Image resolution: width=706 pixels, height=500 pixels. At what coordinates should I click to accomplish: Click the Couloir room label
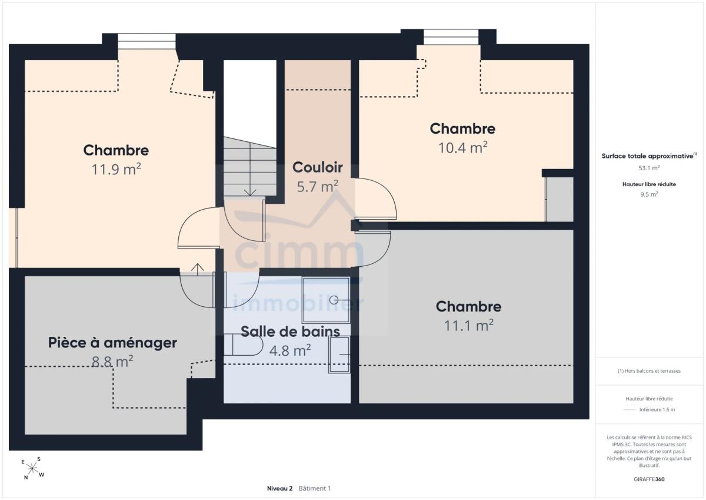[x=317, y=167]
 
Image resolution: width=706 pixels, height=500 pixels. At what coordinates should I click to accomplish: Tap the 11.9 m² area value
[x=116, y=170]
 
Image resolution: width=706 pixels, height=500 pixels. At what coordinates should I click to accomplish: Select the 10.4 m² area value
[x=462, y=148]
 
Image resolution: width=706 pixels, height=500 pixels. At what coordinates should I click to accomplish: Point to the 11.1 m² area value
[x=469, y=326]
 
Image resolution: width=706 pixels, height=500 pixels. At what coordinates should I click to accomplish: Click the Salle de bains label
[x=290, y=332]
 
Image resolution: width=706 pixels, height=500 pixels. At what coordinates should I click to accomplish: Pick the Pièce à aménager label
[x=112, y=343]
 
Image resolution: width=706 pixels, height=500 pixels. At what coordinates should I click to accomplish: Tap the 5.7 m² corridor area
[x=317, y=187]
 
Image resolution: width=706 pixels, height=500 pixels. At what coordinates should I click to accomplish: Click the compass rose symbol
[x=33, y=469]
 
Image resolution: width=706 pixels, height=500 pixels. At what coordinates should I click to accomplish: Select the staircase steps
[x=250, y=167]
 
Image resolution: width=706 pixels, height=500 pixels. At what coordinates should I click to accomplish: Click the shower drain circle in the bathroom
[x=334, y=300]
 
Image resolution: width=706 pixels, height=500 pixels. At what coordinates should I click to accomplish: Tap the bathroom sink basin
[x=339, y=355]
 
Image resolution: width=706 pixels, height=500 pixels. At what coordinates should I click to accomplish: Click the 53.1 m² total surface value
[x=649, y=168]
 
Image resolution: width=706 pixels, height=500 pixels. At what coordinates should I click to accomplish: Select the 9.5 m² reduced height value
[x=649, y=194]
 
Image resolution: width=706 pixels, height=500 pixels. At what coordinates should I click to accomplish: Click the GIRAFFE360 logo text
[x=649, y=479]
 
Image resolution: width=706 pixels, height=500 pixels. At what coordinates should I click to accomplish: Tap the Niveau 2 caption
[x=279, y=488]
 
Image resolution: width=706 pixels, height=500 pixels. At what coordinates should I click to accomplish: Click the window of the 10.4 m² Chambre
[x=451, y=37]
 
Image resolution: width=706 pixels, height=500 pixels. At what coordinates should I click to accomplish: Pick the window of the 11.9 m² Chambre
[x=146, y=41]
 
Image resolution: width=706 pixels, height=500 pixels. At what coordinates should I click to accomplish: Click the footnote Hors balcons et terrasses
[x=649, y=371]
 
